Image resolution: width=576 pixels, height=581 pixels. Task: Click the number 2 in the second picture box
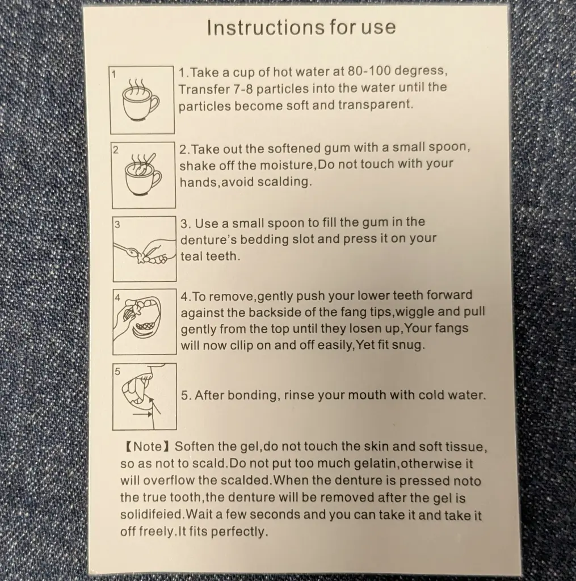coord(116,150)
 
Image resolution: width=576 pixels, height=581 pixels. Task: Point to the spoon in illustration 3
coord(128,251)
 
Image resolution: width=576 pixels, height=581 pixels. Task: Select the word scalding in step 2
coord(284,182)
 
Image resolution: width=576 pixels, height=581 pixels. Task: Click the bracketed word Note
coord(148,446)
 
